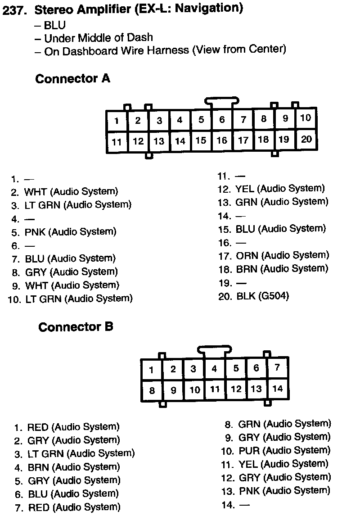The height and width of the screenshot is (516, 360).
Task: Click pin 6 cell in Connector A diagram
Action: coord(222,120)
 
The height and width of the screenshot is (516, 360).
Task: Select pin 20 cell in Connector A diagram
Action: coord(306,139)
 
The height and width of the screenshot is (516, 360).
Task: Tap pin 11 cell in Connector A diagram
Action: coord(117,142)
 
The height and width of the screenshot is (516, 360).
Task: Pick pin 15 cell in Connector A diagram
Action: coord(201,140)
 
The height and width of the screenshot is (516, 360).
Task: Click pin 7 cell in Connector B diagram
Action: coord(277,367)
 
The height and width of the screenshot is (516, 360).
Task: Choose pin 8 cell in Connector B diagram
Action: coord(152,390)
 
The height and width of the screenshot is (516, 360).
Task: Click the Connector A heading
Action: coord(72,79)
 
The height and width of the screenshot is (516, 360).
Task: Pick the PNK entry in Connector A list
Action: coord(35,232)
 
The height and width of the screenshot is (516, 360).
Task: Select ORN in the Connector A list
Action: coord(247,256)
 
